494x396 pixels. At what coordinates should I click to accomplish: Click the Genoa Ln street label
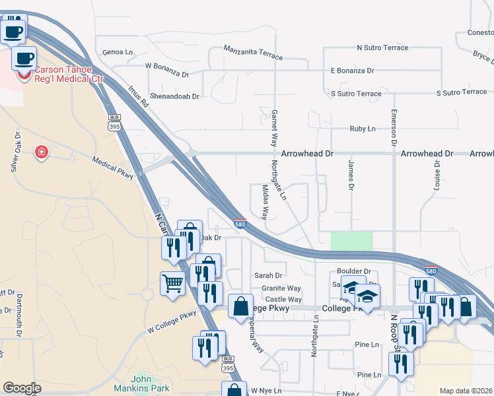(x=118, y=51)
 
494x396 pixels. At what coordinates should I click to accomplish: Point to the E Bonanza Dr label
(x=353, y=71)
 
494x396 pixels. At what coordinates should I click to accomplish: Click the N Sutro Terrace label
(x=382, y=48)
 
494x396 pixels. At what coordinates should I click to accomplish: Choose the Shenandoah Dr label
(x=174, y=96)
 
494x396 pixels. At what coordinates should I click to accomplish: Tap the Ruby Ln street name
(x=363, y=129)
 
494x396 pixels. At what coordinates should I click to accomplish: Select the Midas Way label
(x=265, y=202)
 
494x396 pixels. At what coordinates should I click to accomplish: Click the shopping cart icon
(x=172, y=284)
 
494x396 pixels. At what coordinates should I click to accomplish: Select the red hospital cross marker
(x=42, y=153)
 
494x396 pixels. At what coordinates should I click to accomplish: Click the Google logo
(x=22, y=388)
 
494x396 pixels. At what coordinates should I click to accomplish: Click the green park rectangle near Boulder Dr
(x=351, y=241)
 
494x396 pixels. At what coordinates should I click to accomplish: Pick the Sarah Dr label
(x=269, y=276)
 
